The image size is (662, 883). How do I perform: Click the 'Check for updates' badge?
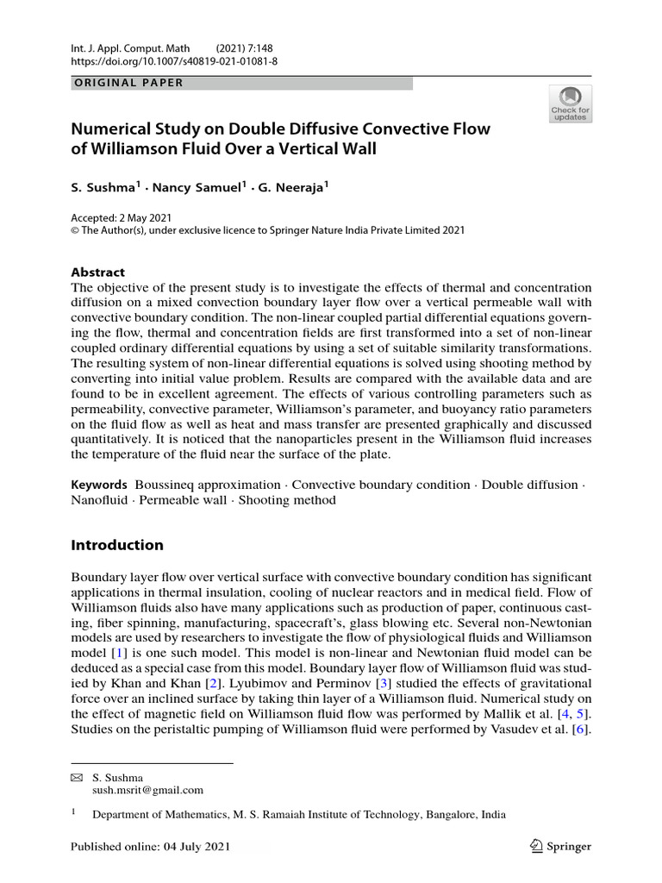(x=570, y=103)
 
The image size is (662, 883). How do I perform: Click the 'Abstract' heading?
(x=97, y=271)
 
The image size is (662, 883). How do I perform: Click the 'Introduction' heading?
(x=116, y=545)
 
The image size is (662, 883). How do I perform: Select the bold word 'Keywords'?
(x=98, y=485)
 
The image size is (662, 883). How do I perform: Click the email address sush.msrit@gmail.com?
(x=147, y=789)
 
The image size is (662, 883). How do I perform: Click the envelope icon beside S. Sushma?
(x=75, y=777)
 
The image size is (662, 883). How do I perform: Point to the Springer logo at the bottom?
(x=561, y=846)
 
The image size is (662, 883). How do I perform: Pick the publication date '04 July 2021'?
(x=200, y=846)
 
